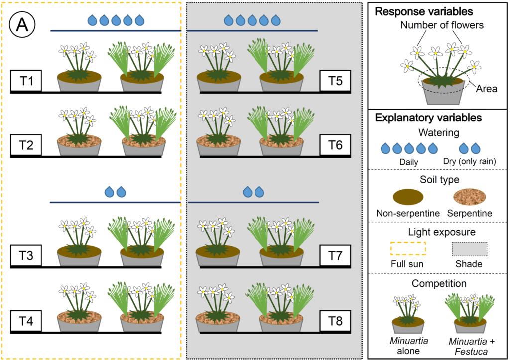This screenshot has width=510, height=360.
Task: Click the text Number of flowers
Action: tap(436, 24)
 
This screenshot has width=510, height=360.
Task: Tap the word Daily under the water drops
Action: tap(409, 162)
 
